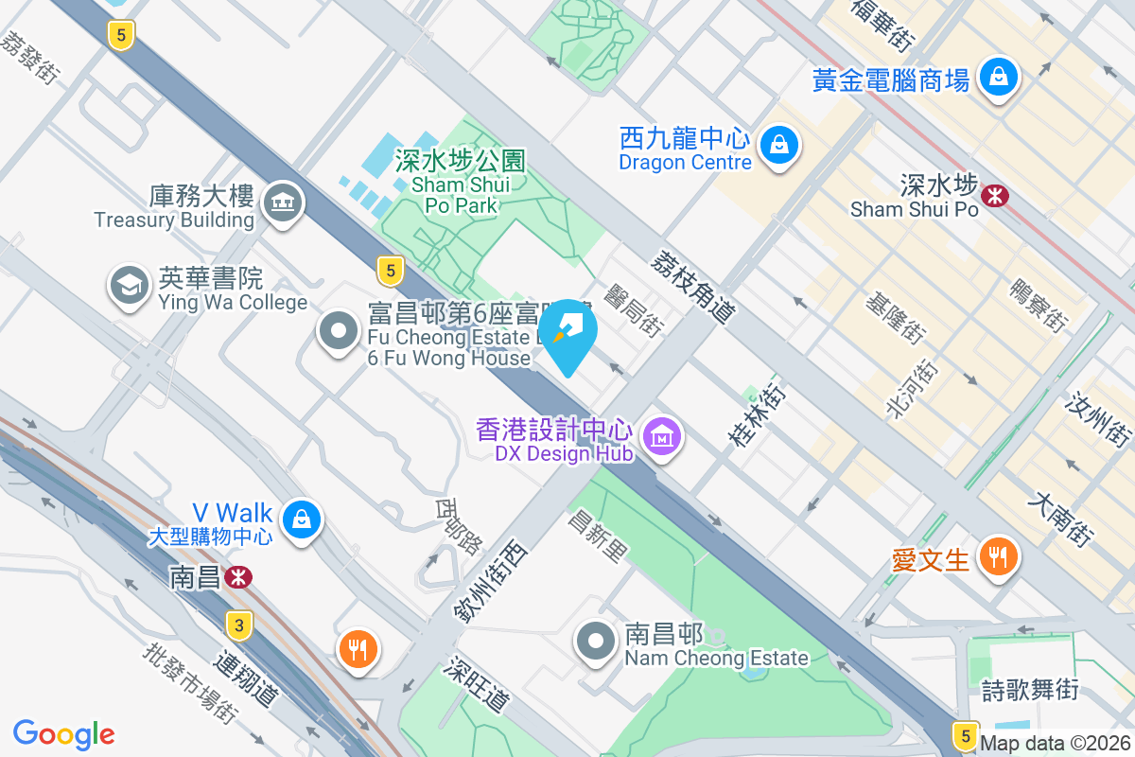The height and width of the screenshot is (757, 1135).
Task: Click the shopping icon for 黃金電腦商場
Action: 998,78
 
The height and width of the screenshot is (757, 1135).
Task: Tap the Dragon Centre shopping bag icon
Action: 777,146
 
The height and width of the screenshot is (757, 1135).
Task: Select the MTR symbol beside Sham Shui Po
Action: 994,196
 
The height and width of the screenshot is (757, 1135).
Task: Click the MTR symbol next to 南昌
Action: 240,575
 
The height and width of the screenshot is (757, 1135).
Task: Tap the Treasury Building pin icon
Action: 281,202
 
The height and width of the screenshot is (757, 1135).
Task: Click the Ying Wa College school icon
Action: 131,284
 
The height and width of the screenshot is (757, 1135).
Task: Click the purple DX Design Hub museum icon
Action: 662,437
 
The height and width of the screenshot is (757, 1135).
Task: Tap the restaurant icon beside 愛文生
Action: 997,555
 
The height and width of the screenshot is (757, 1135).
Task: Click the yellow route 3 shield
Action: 239,625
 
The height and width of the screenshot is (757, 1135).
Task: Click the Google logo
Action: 64,733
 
